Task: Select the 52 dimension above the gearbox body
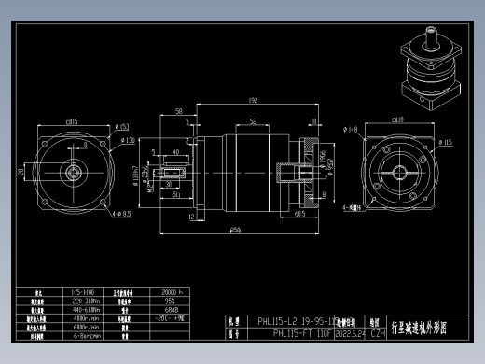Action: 253,120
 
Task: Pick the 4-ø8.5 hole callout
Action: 121,214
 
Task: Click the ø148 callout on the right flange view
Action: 352,130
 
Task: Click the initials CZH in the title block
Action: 378,332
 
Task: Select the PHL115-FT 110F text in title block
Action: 303,332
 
